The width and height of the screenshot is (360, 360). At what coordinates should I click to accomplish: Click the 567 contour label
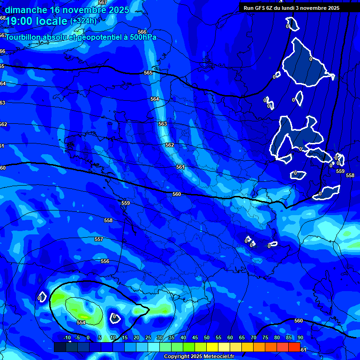pyautogui.click(x=103, y=3)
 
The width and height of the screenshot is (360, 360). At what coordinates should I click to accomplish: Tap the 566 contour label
pyautogui.click(x=142, y=32)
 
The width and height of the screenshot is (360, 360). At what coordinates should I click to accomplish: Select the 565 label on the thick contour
pyautogui.click(x=148, y=73)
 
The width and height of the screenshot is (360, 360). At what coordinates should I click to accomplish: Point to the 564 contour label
pyautogui.click(x=155, y=99)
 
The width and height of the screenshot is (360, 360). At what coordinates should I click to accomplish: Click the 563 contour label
pyautogui.click(x=162, y=124)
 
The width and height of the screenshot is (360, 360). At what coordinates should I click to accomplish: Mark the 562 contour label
pyautogui.click(x=169, y=145)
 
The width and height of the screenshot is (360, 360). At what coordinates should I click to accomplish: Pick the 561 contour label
pyautogui.click(x=180, y=167)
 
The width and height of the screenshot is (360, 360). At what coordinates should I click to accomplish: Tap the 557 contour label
pyautogui.click(x=98, y=239)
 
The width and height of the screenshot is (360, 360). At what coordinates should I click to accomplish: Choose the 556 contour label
pyautogui.click(x=105, y=261)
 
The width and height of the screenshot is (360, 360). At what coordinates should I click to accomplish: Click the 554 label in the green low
pyautogui.click(x=81, y=322)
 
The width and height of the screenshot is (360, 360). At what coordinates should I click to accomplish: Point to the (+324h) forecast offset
pyautogui.click(x=83, y=21)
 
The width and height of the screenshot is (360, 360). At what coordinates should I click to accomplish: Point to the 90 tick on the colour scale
pyautogui.click(x=300, y=337)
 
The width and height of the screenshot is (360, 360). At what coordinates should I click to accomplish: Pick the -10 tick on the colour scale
pyautogui.click(x=67, y=337)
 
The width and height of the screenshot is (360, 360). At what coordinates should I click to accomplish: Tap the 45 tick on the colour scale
pyautogui.click(x=195, y=337)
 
